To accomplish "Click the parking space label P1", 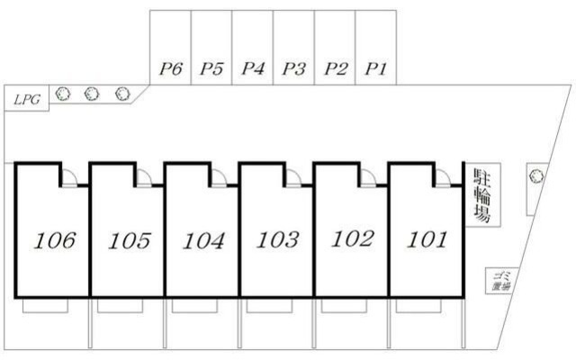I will tap(374, 68).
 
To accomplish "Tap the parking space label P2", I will tap(336, 68).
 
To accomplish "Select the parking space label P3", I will tap(294, 68).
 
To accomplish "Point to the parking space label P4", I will tap(253, 68).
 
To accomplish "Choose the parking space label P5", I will tap(211, 68).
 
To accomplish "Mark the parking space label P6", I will tap(170, 68).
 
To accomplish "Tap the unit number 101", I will tap(427, 239).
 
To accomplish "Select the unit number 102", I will tap(352, 239).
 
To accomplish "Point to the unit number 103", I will tap(277, 240).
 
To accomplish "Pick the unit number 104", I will tap(202, 241).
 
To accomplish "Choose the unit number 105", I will tap(128, 241).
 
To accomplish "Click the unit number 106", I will tap(54, 241).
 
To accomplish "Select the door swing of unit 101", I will tap(441, 176).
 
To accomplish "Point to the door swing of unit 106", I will tap(68, 176).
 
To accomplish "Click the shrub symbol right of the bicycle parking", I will tap(535, 176).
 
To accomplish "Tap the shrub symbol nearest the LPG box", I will tap(63, 93).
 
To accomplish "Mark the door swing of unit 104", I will tap(218, 176).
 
